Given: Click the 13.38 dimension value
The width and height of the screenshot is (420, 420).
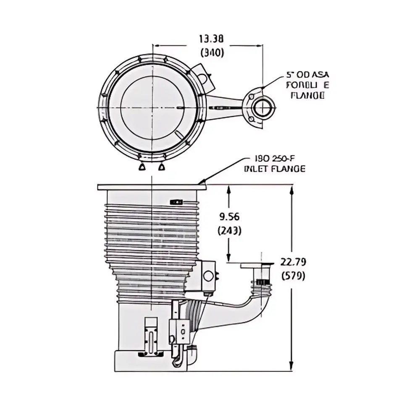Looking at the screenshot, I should pyautogui.click(x=211, y=39).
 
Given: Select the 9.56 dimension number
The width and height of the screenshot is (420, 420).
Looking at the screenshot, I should pyautogui.click(x=230, y=216).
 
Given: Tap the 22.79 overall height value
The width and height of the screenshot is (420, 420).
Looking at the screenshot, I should pyautogui.click(x=293, y=262).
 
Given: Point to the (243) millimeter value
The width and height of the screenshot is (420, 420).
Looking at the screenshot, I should pyautogui.click(x=230, y=230).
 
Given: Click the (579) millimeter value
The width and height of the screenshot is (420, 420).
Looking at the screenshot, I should pyautogui.click(x=293, y=276).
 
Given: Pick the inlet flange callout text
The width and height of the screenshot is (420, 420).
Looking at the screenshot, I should pyautogui.click(x=275, y=164).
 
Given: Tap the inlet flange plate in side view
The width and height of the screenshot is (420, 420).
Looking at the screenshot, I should pyautogui.click(x=152, y=187).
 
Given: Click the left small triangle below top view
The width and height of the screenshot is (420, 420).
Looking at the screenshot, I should pyautogui.click(x=142, y=167).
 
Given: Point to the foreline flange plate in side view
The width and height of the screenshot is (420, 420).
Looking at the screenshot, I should pyautogui.click(x=256, y=265).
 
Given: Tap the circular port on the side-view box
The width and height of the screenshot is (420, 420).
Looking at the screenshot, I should pyautogui.click(x=208, y=276).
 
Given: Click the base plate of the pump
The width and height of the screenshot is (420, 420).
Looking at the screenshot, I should pyautogui.click(x=150, y=362).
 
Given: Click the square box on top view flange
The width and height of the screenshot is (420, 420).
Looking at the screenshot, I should pyautogui.click(x=204, y=78).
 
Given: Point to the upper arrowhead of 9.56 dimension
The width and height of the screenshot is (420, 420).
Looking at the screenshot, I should pyautogui.click(x=229, y=189).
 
